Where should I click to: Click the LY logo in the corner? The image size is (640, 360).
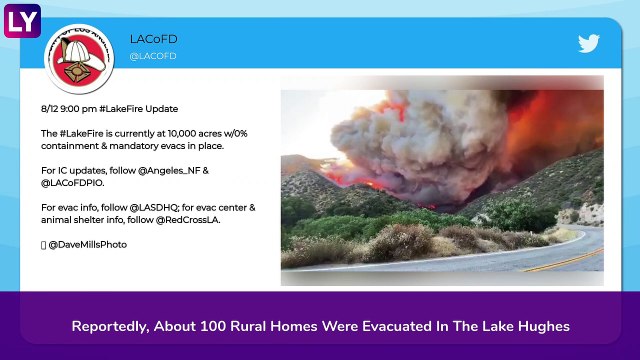pos(21,19)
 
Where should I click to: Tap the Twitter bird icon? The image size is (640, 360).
pos(587,43)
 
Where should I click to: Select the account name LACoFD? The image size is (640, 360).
pos(153,39)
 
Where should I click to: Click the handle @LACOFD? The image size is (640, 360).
pos(153,56)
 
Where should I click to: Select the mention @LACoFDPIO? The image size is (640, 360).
pos(71,183)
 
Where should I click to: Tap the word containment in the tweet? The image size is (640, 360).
pos(70,145)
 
